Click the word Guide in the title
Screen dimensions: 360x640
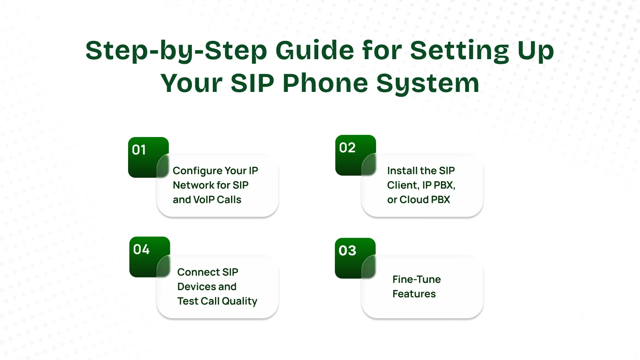tap(314, 50)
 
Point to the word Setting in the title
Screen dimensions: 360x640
tap(459, 51)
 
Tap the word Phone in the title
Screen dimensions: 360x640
tap(325, 83)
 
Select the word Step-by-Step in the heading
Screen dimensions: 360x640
tap(177, 51)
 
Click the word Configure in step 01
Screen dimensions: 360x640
tap(197, 171)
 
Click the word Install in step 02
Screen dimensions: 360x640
tap(402, 171)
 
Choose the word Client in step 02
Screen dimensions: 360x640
tap(402, 185)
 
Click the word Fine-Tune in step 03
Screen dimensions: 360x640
tap(417, 280)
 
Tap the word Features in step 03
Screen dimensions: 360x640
tap(414, 294)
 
